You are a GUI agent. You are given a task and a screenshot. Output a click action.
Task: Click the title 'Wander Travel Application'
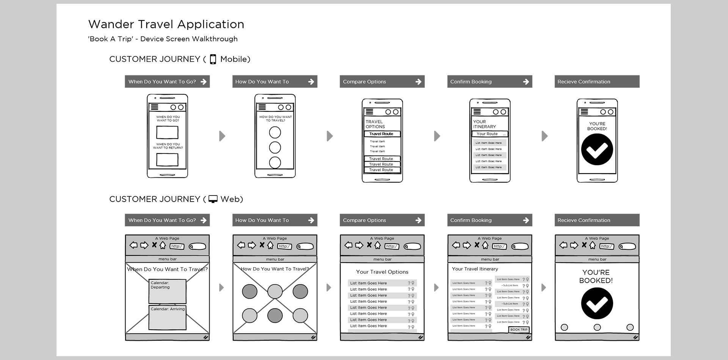click(x=166, y=24)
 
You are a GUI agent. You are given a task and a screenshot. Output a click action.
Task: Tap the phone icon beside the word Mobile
click(x=213, y=59)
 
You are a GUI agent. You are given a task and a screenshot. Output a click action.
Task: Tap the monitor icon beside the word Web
click(x=213, y=199)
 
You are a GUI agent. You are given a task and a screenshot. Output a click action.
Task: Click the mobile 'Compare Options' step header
click(x=382, y=81)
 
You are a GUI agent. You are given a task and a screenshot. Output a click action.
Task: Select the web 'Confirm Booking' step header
click(x=490, y=220)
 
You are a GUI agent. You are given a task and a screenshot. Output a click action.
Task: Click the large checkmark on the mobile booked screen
click(x=597, y=149)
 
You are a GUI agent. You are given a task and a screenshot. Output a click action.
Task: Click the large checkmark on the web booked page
click(x=597, y=304)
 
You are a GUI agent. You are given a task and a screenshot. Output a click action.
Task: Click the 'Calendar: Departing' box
click(x=167, y=291)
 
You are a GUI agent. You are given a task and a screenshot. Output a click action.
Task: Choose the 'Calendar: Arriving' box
click(x=167, y=317)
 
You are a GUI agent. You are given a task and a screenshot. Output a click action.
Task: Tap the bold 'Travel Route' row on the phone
click(x=381, y=134)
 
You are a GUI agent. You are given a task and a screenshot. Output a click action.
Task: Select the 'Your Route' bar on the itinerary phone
click(x=489, y=134)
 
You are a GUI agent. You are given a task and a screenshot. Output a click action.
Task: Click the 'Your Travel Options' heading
click(x=382, y=272)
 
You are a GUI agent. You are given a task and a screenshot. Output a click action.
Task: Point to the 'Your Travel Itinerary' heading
click(x=475, y=269)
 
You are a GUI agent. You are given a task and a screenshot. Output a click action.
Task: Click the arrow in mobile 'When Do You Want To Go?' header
click(x=204, y=81)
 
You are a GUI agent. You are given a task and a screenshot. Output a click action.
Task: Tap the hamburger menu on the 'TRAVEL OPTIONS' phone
click(x=369, y=112)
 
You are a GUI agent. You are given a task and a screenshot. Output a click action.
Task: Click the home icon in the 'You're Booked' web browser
click(x=593, y=245)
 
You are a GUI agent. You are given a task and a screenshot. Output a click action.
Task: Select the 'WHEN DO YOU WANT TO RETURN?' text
click(x=168, y=146)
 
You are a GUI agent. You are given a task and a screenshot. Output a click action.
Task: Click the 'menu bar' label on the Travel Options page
click(x=382, y=259)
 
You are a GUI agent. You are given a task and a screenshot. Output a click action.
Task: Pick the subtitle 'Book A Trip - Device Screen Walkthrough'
click(x=163, y=39)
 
